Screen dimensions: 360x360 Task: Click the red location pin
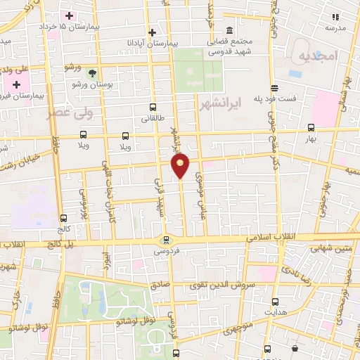click(x=180, y=165)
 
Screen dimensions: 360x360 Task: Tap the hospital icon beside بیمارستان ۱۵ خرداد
click(x=69, y=15)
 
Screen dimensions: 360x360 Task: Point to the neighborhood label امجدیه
click(x=318, y=55)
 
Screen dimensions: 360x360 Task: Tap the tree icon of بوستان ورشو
click(x=92, y=72)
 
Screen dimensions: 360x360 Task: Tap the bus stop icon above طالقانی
click(x=153, y=108)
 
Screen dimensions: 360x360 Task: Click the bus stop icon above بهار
click(x=311, y=127)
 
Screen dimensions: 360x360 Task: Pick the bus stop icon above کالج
click(x=64, y=218)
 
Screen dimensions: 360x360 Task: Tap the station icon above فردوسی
click(x=166, y=240)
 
